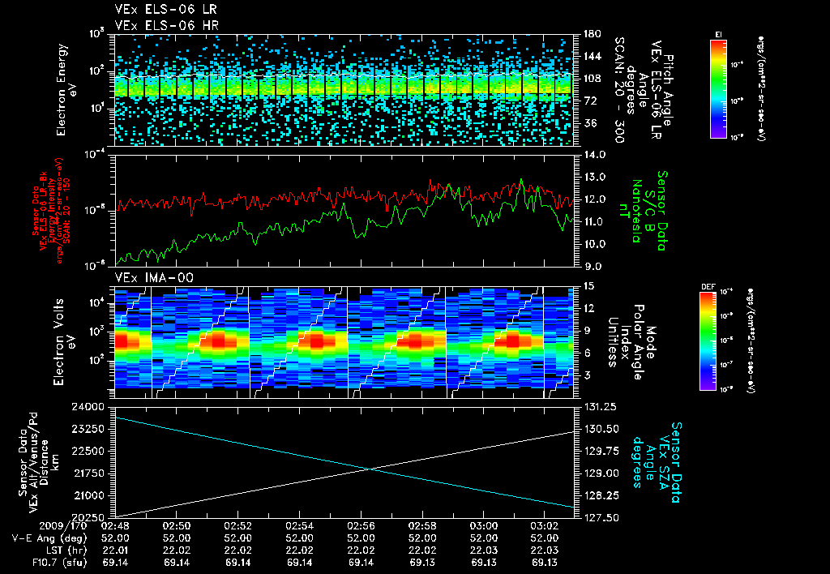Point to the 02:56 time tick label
360,526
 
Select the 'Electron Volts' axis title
62,341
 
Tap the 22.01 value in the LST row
114,550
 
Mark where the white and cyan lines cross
372,469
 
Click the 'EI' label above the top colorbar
718,34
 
